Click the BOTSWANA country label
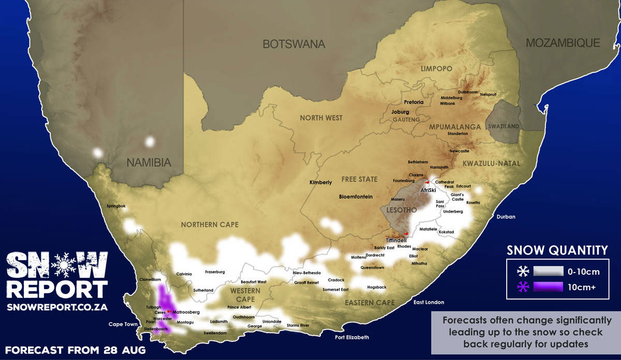pos(294,44)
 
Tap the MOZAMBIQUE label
pos(563,43)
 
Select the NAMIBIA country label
pos(149,162)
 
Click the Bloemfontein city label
pos(356,197)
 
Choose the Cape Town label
pos(123,324)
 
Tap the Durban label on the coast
pos(506,217)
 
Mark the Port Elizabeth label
pos(352,337)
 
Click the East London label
pos(428,302)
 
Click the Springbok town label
pos(116,206)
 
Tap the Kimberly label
pos(320,182)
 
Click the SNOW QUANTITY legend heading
pos(557,250)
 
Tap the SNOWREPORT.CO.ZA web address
pos(57,307)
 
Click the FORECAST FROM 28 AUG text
pos(76,350)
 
